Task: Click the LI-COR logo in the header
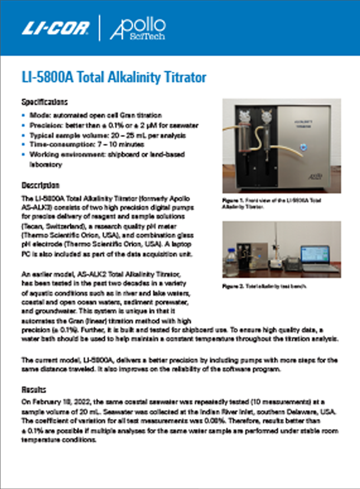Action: tap(55, 28)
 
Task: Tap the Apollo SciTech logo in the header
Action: tap(138, 28)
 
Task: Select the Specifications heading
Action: tap(44, 102)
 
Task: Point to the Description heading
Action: tap(40, 185)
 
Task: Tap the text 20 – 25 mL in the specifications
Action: tap(118, 135)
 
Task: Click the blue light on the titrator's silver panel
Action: tap(304, 146)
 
